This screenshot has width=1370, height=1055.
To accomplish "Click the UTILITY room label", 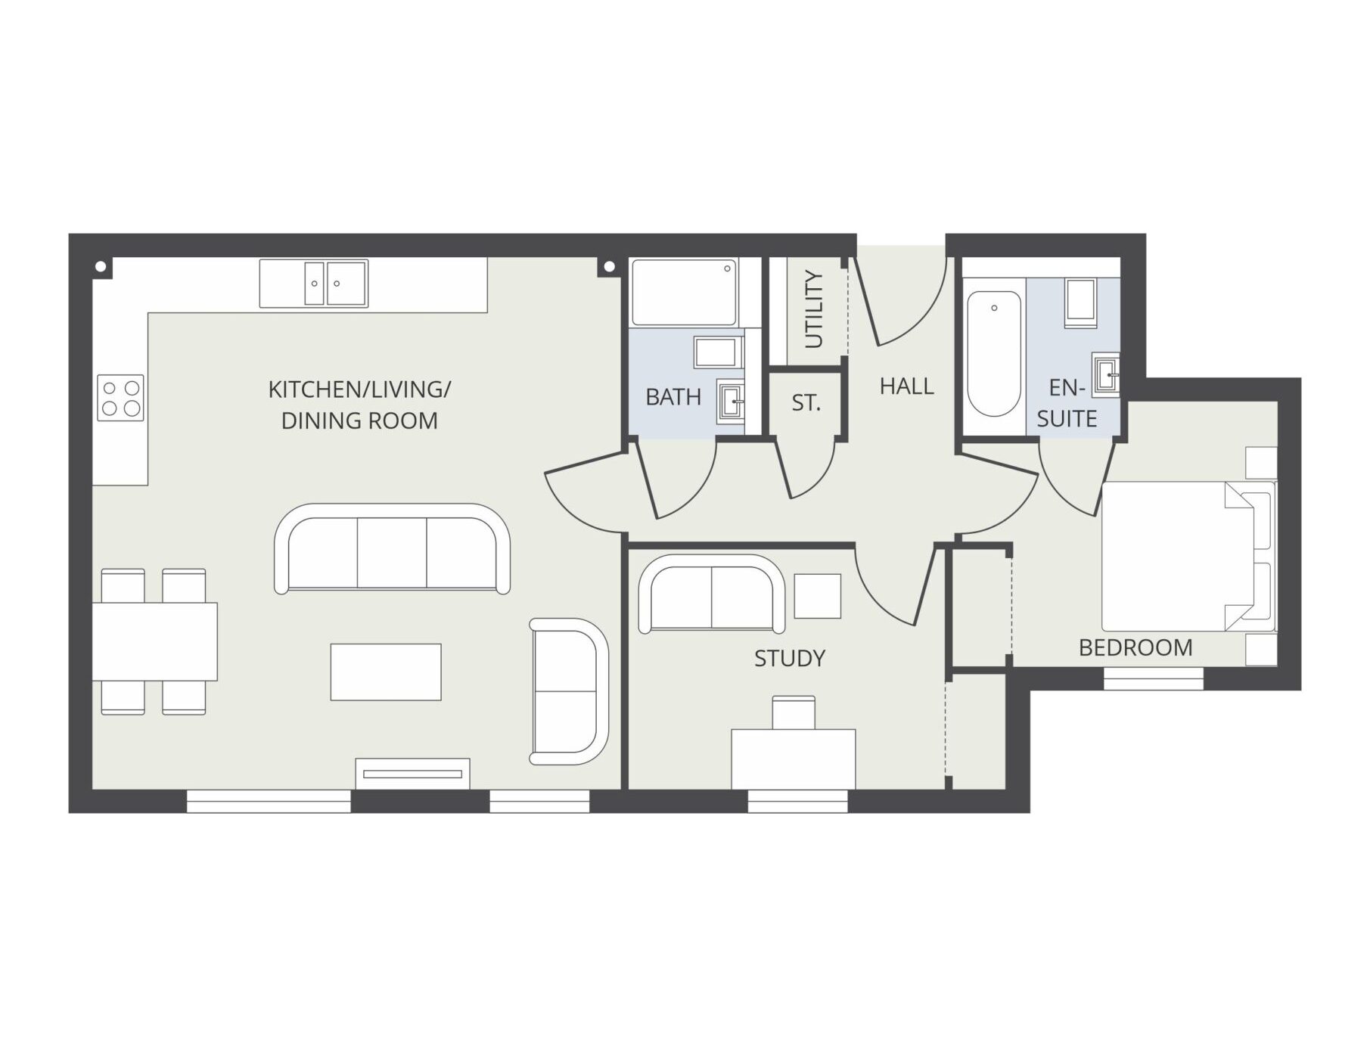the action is pyautogui.click(x=814, y=309).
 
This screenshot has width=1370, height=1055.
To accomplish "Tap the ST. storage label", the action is pyautogui.click(x=806, y=403).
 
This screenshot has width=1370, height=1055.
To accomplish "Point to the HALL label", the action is pyautogui.click(x=906, y=386).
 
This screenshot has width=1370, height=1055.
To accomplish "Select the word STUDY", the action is pyautogui.click(x=790, y=658).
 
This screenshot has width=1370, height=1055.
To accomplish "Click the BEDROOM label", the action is pyautogui.click(x=1135, y=647).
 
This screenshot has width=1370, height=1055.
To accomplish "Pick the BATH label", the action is pyautogui.click(x=673, y=397).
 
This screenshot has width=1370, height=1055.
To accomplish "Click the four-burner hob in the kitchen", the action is pyautogui.click(x=120, y=398).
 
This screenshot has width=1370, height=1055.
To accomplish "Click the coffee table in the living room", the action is pyautogui.click(x=386, y=672).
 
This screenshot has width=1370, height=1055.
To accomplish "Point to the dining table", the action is pyautogui.click(x=154, y=641).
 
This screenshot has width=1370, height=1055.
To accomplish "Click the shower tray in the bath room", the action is pyautogui.click(x=684, y=293).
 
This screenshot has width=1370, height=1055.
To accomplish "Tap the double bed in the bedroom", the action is pyautogui.click(x=1188, y=556).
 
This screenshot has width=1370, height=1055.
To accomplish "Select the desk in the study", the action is pyautogui.click(x=794, y=759).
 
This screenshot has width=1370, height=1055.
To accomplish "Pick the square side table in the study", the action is pyautogui.click(x=818, y=596).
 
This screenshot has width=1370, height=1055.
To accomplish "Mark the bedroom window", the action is pyautogui.click(x=1154, y=678).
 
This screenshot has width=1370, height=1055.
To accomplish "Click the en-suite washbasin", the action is pyautogui.click(x=1106, y=374).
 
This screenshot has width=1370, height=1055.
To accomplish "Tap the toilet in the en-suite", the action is pyautogui.click(x=1080, y=303).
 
